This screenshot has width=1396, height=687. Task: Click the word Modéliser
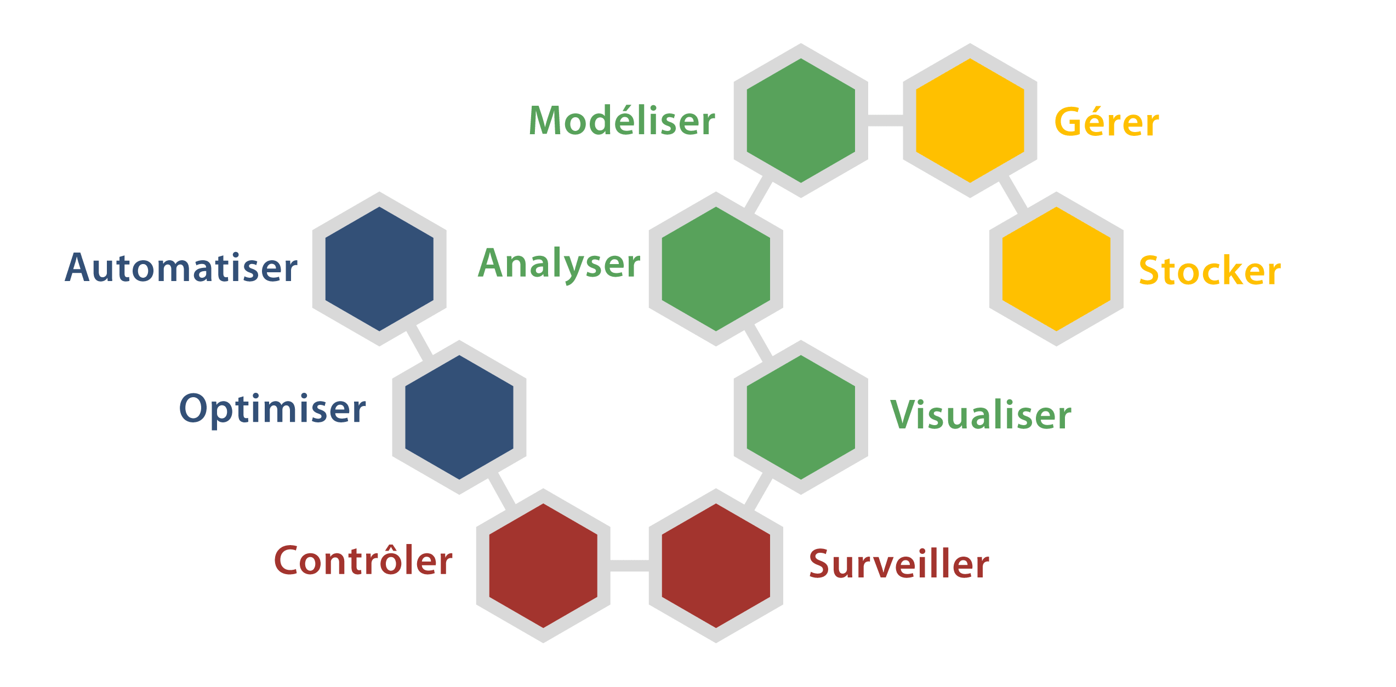[622, 121]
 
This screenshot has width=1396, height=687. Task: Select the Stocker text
[1210, 271]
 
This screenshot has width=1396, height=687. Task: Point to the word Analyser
[559, 264]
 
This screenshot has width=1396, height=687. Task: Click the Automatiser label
[181, 268]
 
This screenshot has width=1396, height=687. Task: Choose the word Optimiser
[272, 409]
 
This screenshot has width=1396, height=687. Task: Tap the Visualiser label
[981, 415]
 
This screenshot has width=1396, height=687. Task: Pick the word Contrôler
[363, 560]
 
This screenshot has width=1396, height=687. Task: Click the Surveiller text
[899, 564]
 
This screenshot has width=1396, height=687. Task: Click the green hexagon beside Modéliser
[801, 121]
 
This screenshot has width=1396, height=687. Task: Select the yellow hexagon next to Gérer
[970, 121]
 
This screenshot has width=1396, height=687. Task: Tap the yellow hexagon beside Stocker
[1056, 269]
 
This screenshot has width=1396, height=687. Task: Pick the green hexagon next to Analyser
[716, 269]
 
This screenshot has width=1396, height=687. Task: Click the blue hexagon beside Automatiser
[379, 269]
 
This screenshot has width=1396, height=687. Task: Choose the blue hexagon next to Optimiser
[459, 417]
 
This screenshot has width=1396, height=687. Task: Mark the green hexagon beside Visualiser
[801, 417]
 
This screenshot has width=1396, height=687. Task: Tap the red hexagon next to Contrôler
[543, 565]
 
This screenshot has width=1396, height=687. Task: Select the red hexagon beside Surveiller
[716, 565]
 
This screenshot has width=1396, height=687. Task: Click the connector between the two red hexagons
[629, 565]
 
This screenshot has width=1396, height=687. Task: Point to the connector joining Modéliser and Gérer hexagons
[885, 121]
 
